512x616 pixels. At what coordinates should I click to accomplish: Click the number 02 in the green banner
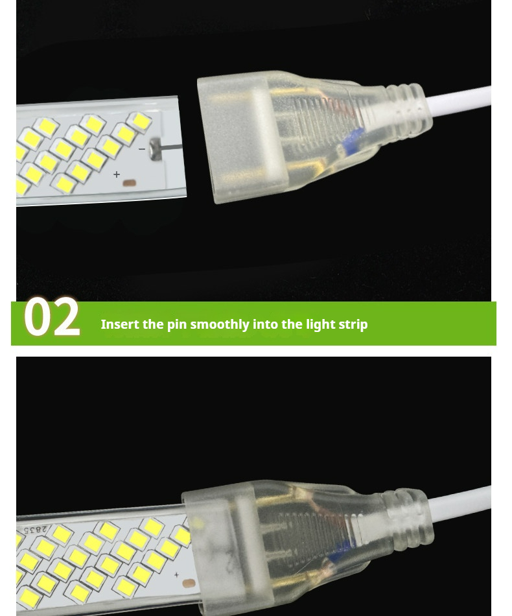point(52,316)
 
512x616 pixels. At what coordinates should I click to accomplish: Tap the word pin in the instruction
point(177,326)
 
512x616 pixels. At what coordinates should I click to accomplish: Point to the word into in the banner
point(265,324)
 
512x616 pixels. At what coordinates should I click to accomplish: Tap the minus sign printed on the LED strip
point(142,149)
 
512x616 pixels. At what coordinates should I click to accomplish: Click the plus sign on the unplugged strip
point(117,174)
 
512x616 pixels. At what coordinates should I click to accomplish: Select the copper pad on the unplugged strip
point(129,183)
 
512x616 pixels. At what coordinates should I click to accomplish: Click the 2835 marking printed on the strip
point(36,530)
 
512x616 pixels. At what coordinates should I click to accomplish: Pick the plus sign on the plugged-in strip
point(176,575)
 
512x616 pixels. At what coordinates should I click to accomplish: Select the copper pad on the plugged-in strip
point(189,584)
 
